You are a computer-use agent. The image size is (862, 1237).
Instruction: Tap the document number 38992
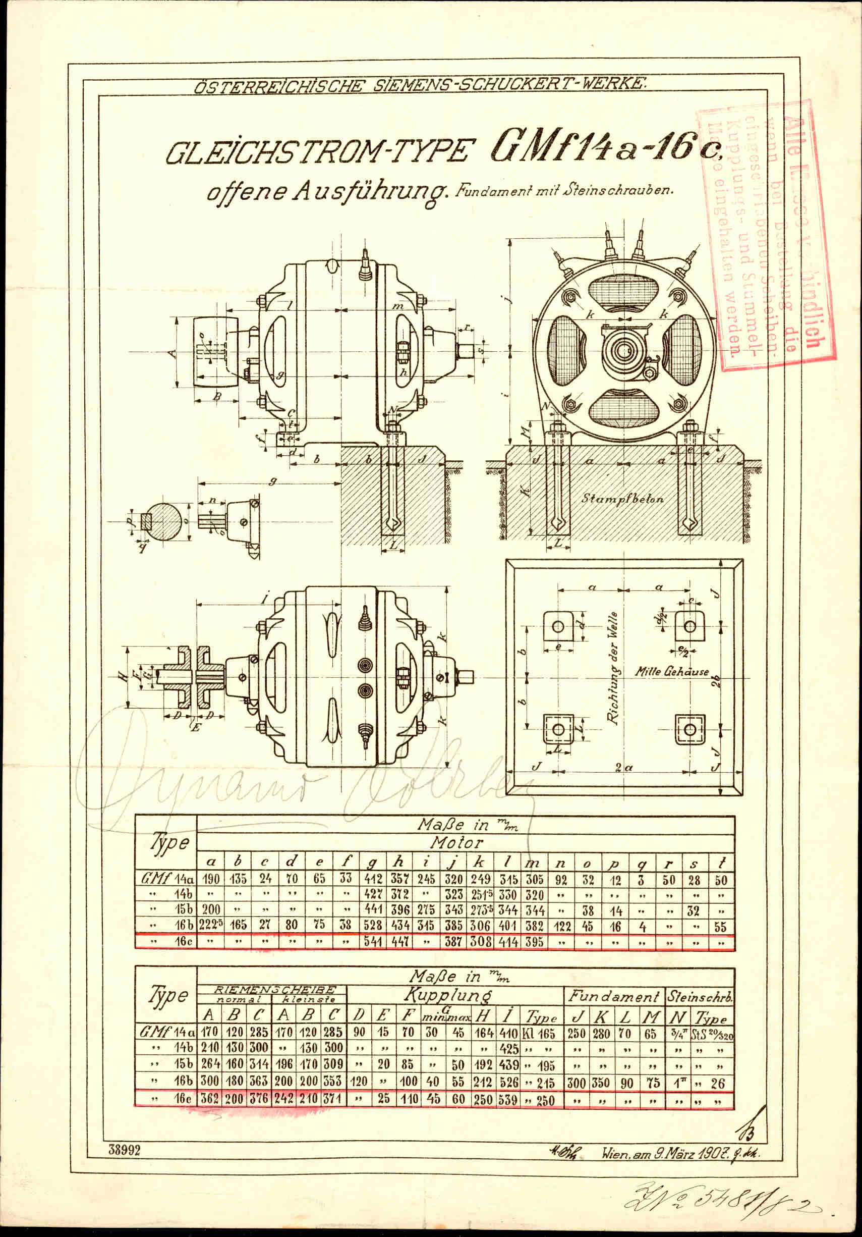click(125, 1150)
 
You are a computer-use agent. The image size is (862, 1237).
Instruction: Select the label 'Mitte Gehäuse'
click(671, 671)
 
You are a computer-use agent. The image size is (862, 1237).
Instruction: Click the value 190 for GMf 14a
click(210, 879)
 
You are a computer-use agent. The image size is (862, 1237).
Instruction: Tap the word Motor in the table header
click(456, 842)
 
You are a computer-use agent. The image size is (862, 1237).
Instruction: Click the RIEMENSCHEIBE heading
click(274, 989)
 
